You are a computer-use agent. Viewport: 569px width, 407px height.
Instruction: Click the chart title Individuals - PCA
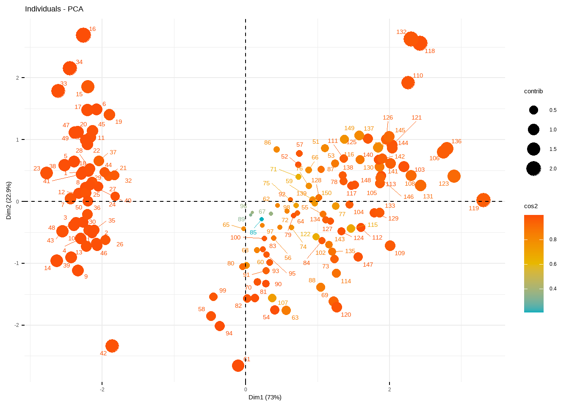[54, 9]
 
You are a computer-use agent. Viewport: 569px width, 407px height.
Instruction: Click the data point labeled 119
[483, 200]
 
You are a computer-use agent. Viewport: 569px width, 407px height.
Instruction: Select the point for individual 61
[238, 365]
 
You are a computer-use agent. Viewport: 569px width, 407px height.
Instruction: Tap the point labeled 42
[112, 346]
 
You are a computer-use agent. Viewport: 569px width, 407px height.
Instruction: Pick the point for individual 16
[83, 35]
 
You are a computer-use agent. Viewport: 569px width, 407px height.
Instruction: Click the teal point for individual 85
[262, 219]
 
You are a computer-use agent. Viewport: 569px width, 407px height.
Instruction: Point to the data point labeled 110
[408, 83]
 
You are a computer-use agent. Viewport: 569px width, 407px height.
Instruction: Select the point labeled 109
[390, 245]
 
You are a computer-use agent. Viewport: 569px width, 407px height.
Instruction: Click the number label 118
[430, 51]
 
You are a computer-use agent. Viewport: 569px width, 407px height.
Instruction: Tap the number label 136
[456, 141]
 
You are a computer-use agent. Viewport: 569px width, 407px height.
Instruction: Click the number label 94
[229, 333]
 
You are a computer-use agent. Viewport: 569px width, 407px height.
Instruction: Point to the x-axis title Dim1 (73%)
[265, 397]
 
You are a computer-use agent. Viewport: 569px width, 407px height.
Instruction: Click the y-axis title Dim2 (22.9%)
[9, 201]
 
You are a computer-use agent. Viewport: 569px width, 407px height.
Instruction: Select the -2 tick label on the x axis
[102, 390]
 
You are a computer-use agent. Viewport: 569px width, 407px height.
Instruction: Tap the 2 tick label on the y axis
[17, 78]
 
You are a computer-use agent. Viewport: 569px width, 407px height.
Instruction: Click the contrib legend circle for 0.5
[533, 110]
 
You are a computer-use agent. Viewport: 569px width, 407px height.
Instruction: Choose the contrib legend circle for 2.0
[533, 169]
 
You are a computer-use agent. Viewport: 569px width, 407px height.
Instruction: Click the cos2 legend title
[531, 206]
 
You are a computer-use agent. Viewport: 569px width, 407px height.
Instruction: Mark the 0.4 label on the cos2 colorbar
[553, 289]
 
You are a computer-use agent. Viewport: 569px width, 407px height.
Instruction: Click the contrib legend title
[533, 91]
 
